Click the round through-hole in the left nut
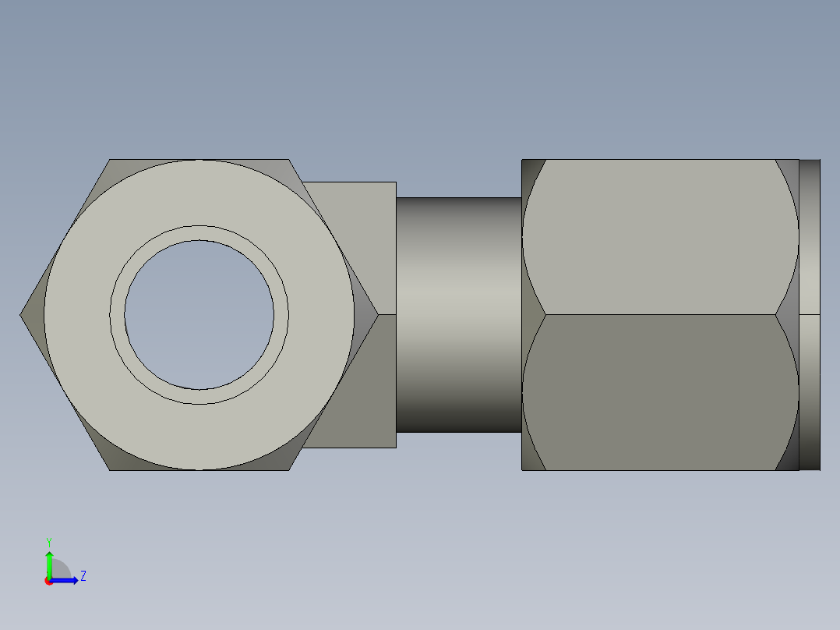(x=199, y=315)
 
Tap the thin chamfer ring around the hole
(x=199, y=232)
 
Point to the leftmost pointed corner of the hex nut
(x=19, y=315)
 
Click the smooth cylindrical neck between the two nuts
(x=458, y=315)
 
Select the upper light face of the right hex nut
(x=660, y=237)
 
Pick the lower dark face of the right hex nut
(x=660, y=392)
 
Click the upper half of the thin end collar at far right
(x=810, y=237)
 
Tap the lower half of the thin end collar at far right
(x=810, y=392)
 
